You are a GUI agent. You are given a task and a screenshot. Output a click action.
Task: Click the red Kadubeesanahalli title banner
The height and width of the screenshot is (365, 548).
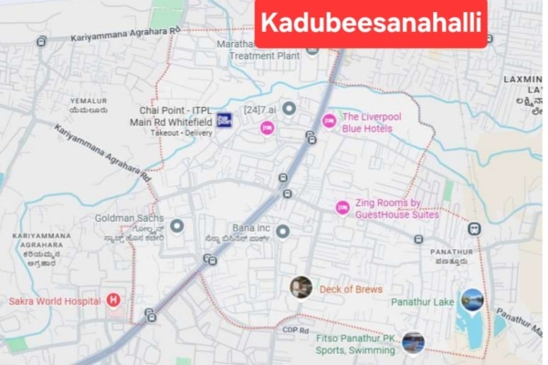point(371,25)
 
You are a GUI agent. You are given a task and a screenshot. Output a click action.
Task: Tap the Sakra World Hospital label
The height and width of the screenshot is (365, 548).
point(53,299)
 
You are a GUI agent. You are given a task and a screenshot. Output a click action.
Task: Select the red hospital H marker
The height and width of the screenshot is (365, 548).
point(113,299)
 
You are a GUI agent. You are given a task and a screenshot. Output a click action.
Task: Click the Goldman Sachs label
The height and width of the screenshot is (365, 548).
point(130,219)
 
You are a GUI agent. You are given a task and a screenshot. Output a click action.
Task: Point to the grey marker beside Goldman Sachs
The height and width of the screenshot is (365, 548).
point(177,224)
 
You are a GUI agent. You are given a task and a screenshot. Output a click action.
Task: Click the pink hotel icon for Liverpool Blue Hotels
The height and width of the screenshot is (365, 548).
point(329,121)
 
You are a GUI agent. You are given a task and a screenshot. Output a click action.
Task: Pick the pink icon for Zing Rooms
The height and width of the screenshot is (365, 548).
point(342,208)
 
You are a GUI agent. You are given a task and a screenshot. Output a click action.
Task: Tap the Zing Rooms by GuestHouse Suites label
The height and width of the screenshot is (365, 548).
point(398,209)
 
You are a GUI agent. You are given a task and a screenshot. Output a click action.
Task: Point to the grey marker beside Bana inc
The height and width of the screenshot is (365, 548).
point(283,232)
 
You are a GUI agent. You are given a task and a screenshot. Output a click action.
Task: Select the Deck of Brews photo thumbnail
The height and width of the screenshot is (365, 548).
point(300,287)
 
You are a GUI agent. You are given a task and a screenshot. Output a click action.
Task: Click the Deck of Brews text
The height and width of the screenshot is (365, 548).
point(351,289)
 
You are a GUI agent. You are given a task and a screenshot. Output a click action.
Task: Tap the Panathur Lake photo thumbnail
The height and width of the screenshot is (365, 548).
point(472,299)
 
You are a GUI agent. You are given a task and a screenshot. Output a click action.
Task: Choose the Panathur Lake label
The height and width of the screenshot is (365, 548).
point(422,301)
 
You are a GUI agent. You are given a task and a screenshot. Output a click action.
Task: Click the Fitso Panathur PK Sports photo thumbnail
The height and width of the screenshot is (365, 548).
point(413,343)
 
